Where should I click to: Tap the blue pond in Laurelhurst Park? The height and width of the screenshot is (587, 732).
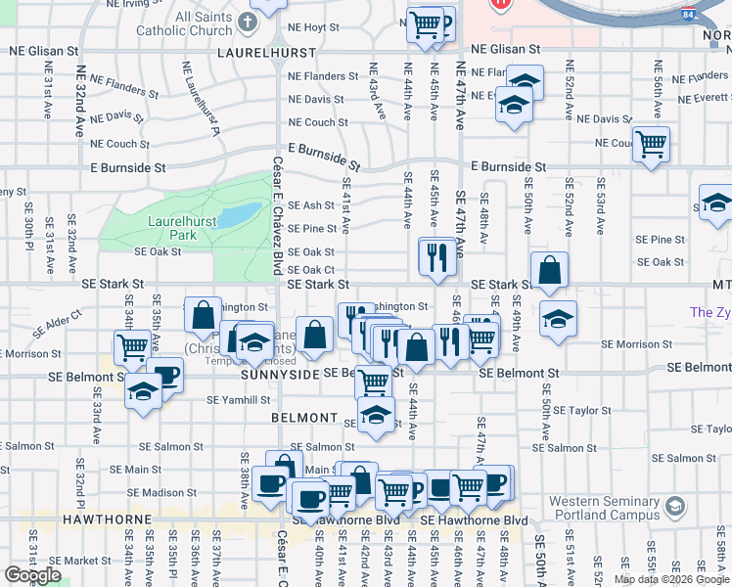(238, 215)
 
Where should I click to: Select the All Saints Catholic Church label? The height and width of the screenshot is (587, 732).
(191, 23)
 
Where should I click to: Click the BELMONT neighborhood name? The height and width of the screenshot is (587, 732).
(304, 418)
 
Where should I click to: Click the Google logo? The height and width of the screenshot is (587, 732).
(33, 574)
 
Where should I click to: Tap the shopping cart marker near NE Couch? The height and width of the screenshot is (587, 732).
(650, 144)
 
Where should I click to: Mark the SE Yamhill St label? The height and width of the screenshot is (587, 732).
(238, 399)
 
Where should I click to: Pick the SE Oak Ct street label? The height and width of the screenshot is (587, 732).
(311, 270)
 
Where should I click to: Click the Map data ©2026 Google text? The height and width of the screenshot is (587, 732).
(670, 579)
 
